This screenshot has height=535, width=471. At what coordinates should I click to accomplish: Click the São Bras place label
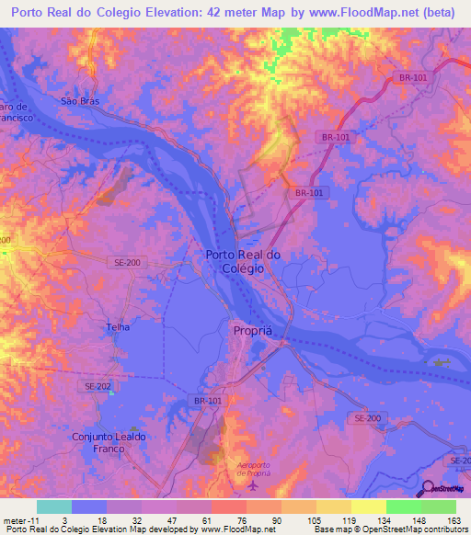(79, 101)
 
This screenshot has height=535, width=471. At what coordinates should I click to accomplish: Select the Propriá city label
(250, 328)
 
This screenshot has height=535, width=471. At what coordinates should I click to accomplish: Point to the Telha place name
(117, 326)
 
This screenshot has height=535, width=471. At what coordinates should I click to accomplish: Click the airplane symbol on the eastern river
(442, 362)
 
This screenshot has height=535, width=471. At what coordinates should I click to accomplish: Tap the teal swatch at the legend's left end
(53, 507)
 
